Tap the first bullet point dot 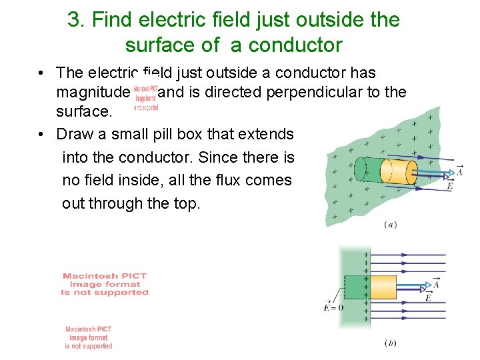[41, 73]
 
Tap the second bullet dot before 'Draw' [41, 134]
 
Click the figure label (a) [391, 225]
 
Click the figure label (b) [391, 343]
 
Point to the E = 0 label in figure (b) [333, 308]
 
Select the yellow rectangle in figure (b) [382, 285]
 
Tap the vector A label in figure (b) [436, 284]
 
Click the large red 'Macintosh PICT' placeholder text [105, 284]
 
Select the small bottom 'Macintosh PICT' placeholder [89, 337]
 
